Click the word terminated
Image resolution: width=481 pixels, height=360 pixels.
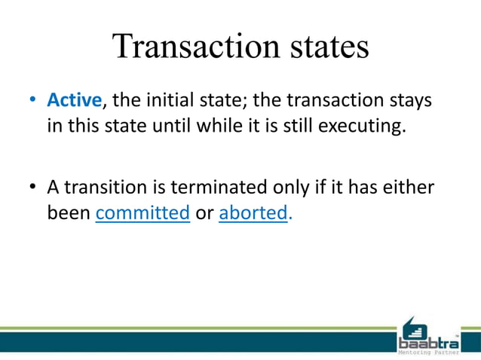[215, 187]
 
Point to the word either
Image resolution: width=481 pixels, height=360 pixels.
[408, 187]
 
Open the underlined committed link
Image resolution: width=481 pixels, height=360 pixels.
[142, 213]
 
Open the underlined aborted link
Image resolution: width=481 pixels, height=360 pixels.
[253, 213]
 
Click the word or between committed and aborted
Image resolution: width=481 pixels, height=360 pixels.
[204, 213]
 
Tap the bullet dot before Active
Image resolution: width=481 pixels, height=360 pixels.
[32, 100]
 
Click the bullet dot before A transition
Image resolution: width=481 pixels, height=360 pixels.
[32, 188]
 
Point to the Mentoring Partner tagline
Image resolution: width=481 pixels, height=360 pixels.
[427, 352]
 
